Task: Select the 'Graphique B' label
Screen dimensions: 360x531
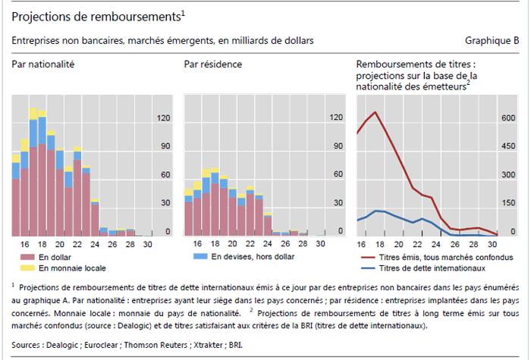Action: click(x=492, y=40)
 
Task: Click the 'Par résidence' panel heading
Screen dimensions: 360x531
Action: click(x=213, y=64)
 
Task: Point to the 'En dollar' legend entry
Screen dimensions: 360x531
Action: click(x=56, y=258)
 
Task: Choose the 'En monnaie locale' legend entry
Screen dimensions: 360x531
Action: click(x=72, y=268)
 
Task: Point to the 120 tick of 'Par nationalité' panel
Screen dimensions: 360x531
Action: click(x=162, y=117)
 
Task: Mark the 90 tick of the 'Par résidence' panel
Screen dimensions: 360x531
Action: click(x=336, y=146)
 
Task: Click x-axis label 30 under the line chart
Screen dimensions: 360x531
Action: click(x=492, y=244)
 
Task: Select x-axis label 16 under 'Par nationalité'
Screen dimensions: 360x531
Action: click(x=24, y=244)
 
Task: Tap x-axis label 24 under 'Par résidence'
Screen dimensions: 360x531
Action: click(x=267, y=244)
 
